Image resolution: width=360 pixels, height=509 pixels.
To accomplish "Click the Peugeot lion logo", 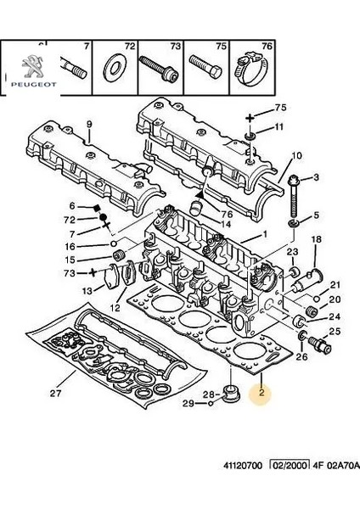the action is click(x=32, y=66).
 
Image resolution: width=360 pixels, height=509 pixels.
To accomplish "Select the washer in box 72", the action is click(x=115, y=68).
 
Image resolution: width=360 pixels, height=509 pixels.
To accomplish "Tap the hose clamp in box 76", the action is click(x=252, y=70).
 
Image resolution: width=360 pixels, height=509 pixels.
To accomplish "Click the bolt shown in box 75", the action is click(x=205, y=66).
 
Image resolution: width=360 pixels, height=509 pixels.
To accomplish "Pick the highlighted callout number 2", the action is click(x=262, y=392).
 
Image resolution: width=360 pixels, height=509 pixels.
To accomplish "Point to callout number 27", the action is click(x=55, y=393).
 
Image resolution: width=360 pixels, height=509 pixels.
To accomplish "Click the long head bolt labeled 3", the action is click(x=294, y=197).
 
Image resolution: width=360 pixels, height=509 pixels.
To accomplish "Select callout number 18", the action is click(x=316, y=239).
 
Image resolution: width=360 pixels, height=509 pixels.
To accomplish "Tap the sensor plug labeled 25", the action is click(x=320, y=345).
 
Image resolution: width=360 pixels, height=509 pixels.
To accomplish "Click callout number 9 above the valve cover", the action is click(x=89, y=124).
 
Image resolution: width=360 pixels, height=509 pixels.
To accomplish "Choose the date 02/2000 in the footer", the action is click(x=290, y=465).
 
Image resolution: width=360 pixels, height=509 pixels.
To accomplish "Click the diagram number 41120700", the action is click(x=243, y=466).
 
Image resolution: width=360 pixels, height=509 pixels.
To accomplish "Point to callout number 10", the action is click(x=296, y=155).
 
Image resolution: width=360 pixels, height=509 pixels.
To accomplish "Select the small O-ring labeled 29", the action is click(x=211, y=404).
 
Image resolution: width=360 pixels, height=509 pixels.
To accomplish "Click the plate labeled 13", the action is click(x=111, y=277).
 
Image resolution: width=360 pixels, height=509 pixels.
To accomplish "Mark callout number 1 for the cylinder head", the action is click(x=265, y=234).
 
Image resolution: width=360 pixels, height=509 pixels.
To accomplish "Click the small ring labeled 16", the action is click(x=114, y=243).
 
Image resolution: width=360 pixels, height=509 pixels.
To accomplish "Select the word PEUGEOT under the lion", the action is click(x=34, y=84).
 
